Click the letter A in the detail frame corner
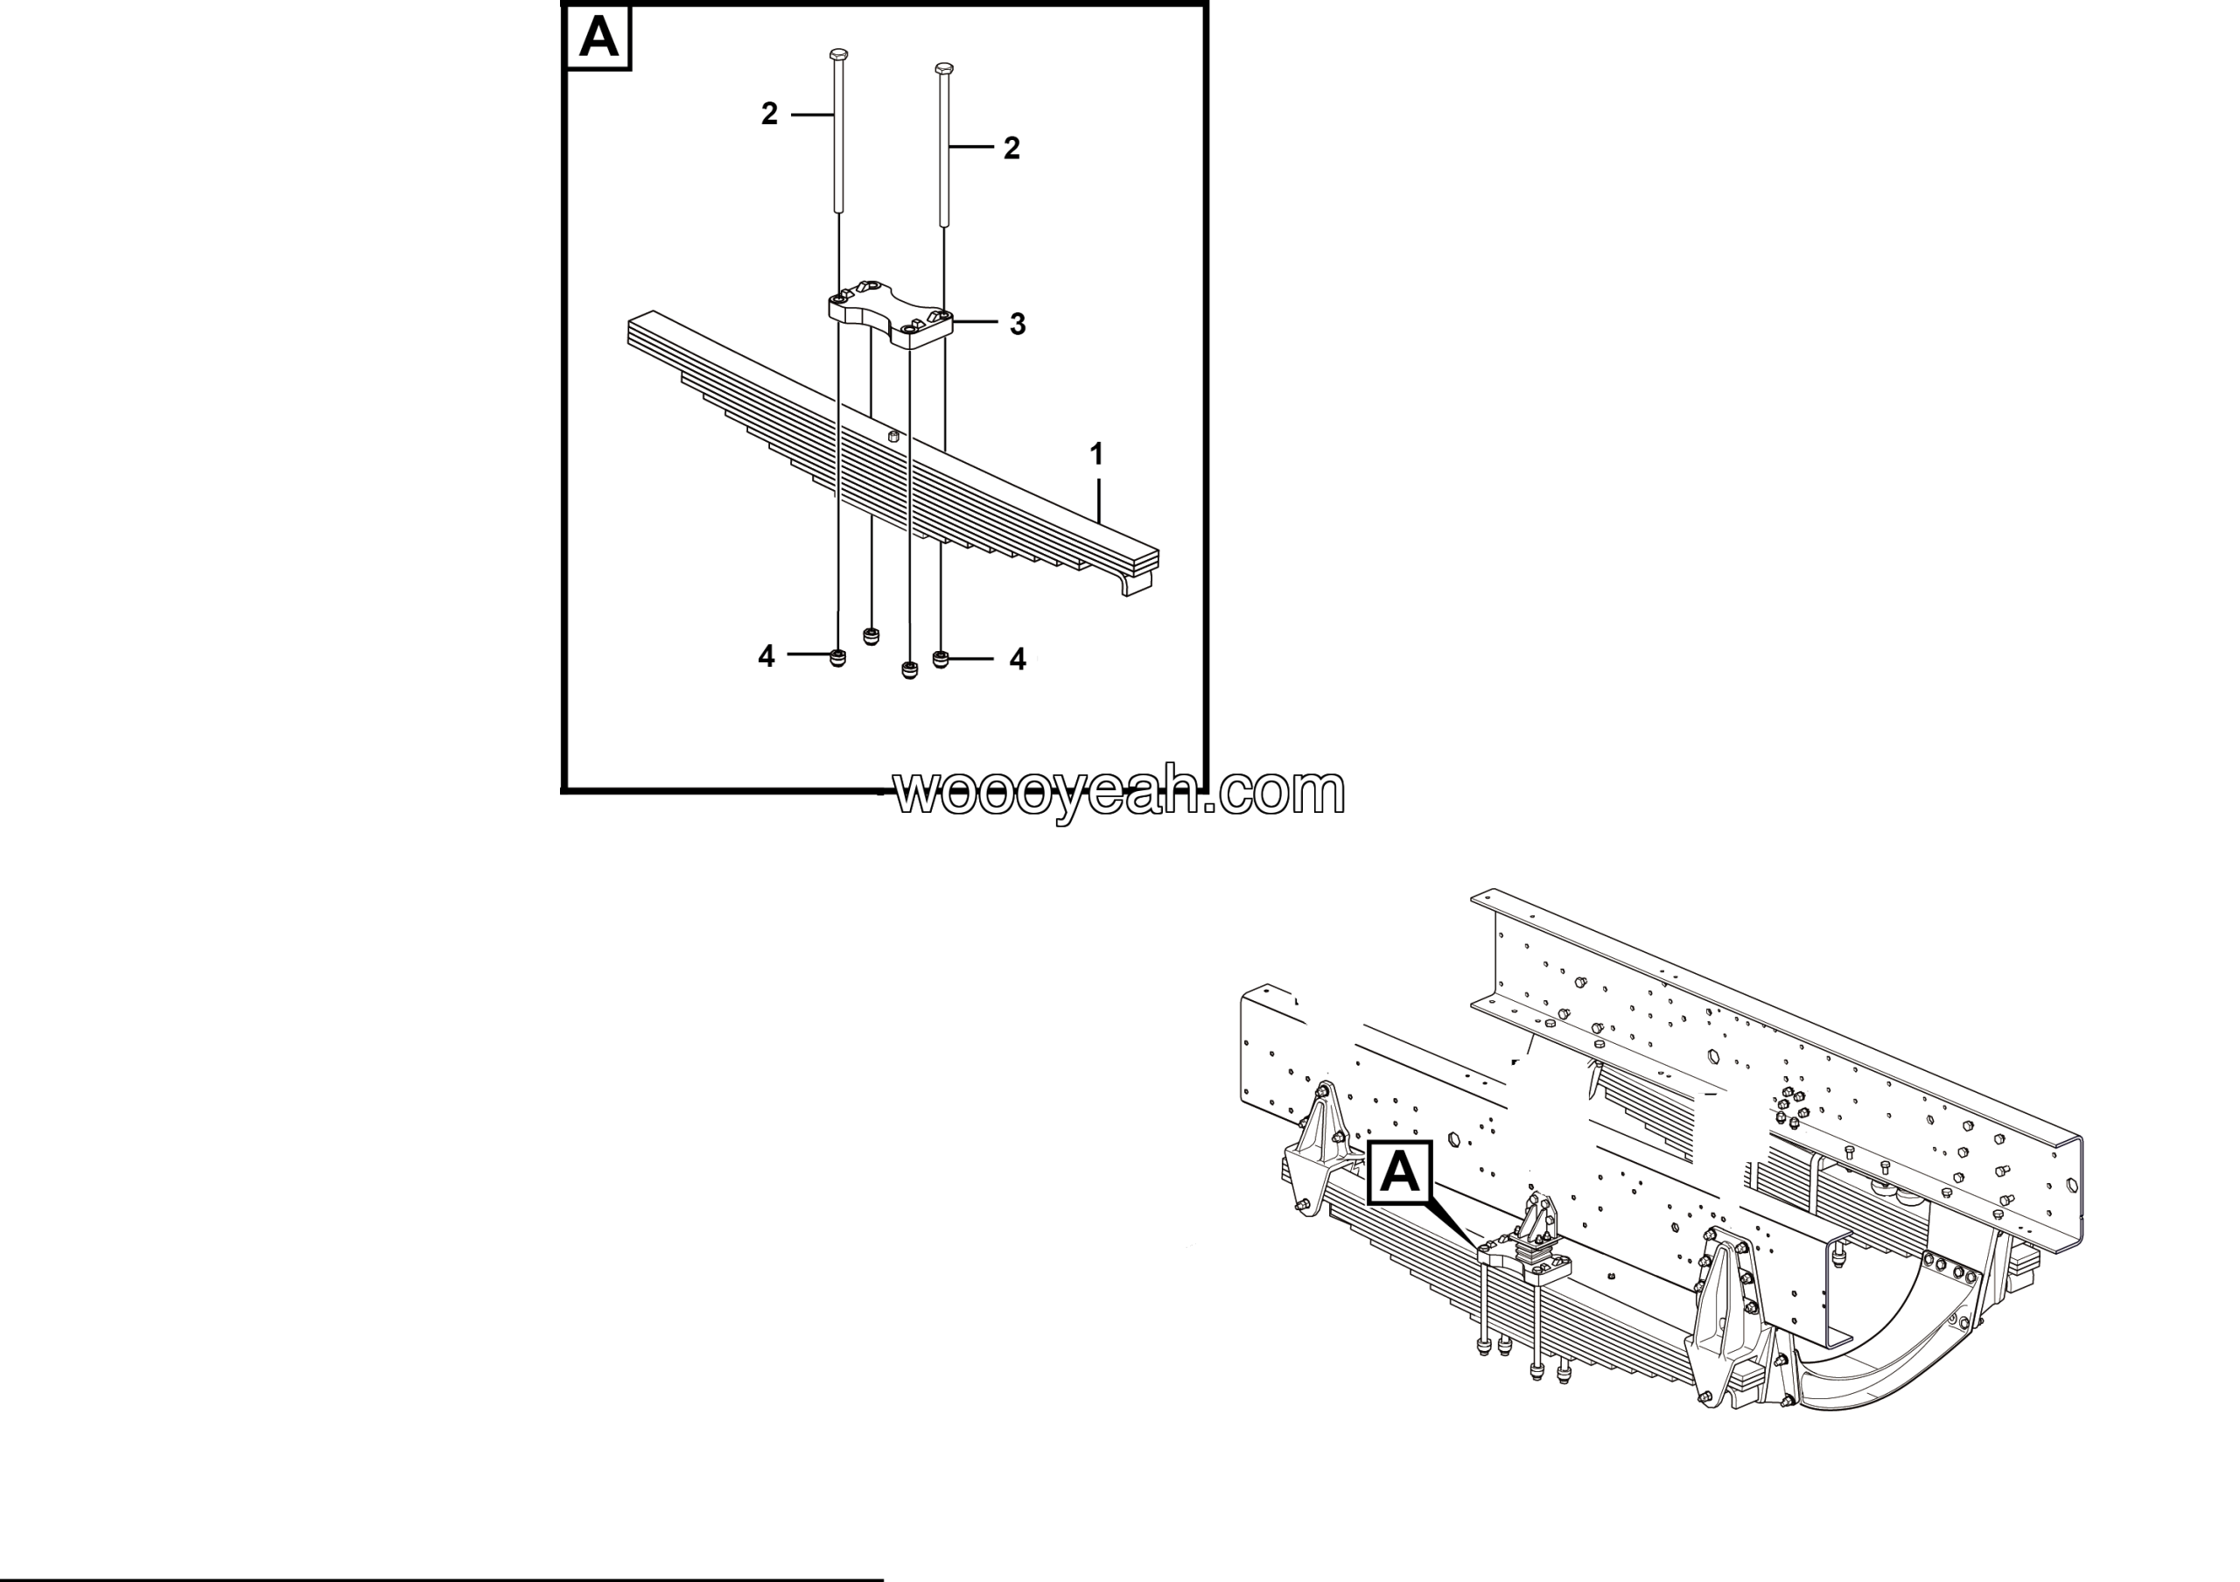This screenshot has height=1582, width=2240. click(x=598, y=38)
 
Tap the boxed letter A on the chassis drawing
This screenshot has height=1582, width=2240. click(x=1400, y=1172)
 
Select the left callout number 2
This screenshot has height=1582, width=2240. click(x=770, y=114)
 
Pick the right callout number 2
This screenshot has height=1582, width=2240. click(x=1011, y=148)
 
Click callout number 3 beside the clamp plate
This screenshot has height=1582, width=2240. click(x=1018, y=324)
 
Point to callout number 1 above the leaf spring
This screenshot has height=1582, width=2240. click(x=1096, y=453)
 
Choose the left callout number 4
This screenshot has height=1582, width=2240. click(x=766, y=656)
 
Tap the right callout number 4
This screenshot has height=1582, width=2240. click(x=1018, y=660)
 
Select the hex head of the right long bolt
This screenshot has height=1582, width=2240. click(x=943, y=69)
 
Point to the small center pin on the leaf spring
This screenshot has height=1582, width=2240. click(x=892, y=436)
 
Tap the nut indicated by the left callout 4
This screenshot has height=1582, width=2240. click(x=837, y=657)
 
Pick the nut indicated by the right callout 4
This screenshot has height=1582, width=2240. click(x=941, y=660)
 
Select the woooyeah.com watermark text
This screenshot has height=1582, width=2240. click(x=1119, y=792)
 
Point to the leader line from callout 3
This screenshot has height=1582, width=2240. click(x=975, y=322)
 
